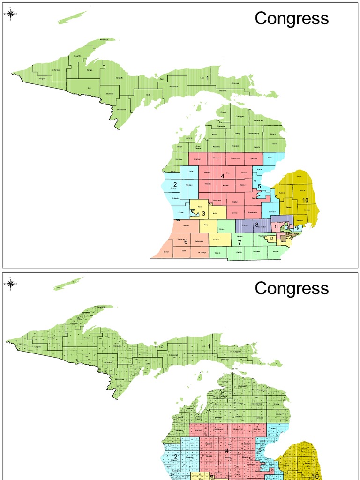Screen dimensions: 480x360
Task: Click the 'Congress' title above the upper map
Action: pos(292,19)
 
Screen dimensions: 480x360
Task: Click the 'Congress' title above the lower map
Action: pos(292,288)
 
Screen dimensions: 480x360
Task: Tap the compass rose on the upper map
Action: pos(11,14)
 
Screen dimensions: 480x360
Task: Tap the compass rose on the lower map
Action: pos(11,284)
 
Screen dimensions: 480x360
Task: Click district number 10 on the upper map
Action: pos(305,200)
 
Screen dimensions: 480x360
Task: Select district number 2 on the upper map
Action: pos(174,184)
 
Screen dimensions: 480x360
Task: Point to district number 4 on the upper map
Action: pos(223,177)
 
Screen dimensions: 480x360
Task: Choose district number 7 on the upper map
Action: pos(239,242)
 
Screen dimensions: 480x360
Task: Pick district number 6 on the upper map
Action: pos(186,242)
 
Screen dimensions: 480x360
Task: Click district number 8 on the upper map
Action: pos(256,225)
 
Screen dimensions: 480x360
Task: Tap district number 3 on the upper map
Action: pos(203,214)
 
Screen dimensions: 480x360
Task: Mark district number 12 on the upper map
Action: pos(271,239)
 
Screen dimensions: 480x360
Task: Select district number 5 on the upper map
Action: pos(259,187)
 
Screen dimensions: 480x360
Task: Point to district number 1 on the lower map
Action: pos(209,347)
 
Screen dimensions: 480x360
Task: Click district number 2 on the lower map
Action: pos(175,457)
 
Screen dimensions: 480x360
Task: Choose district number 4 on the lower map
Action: pos(227,451)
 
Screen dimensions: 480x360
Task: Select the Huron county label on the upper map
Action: pos(299,176)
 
